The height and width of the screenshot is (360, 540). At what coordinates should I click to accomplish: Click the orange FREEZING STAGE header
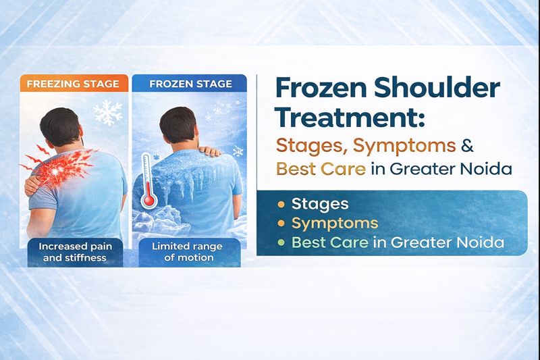pos(74,84)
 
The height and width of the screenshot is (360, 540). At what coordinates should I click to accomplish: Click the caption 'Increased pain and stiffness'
pos(73,251)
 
